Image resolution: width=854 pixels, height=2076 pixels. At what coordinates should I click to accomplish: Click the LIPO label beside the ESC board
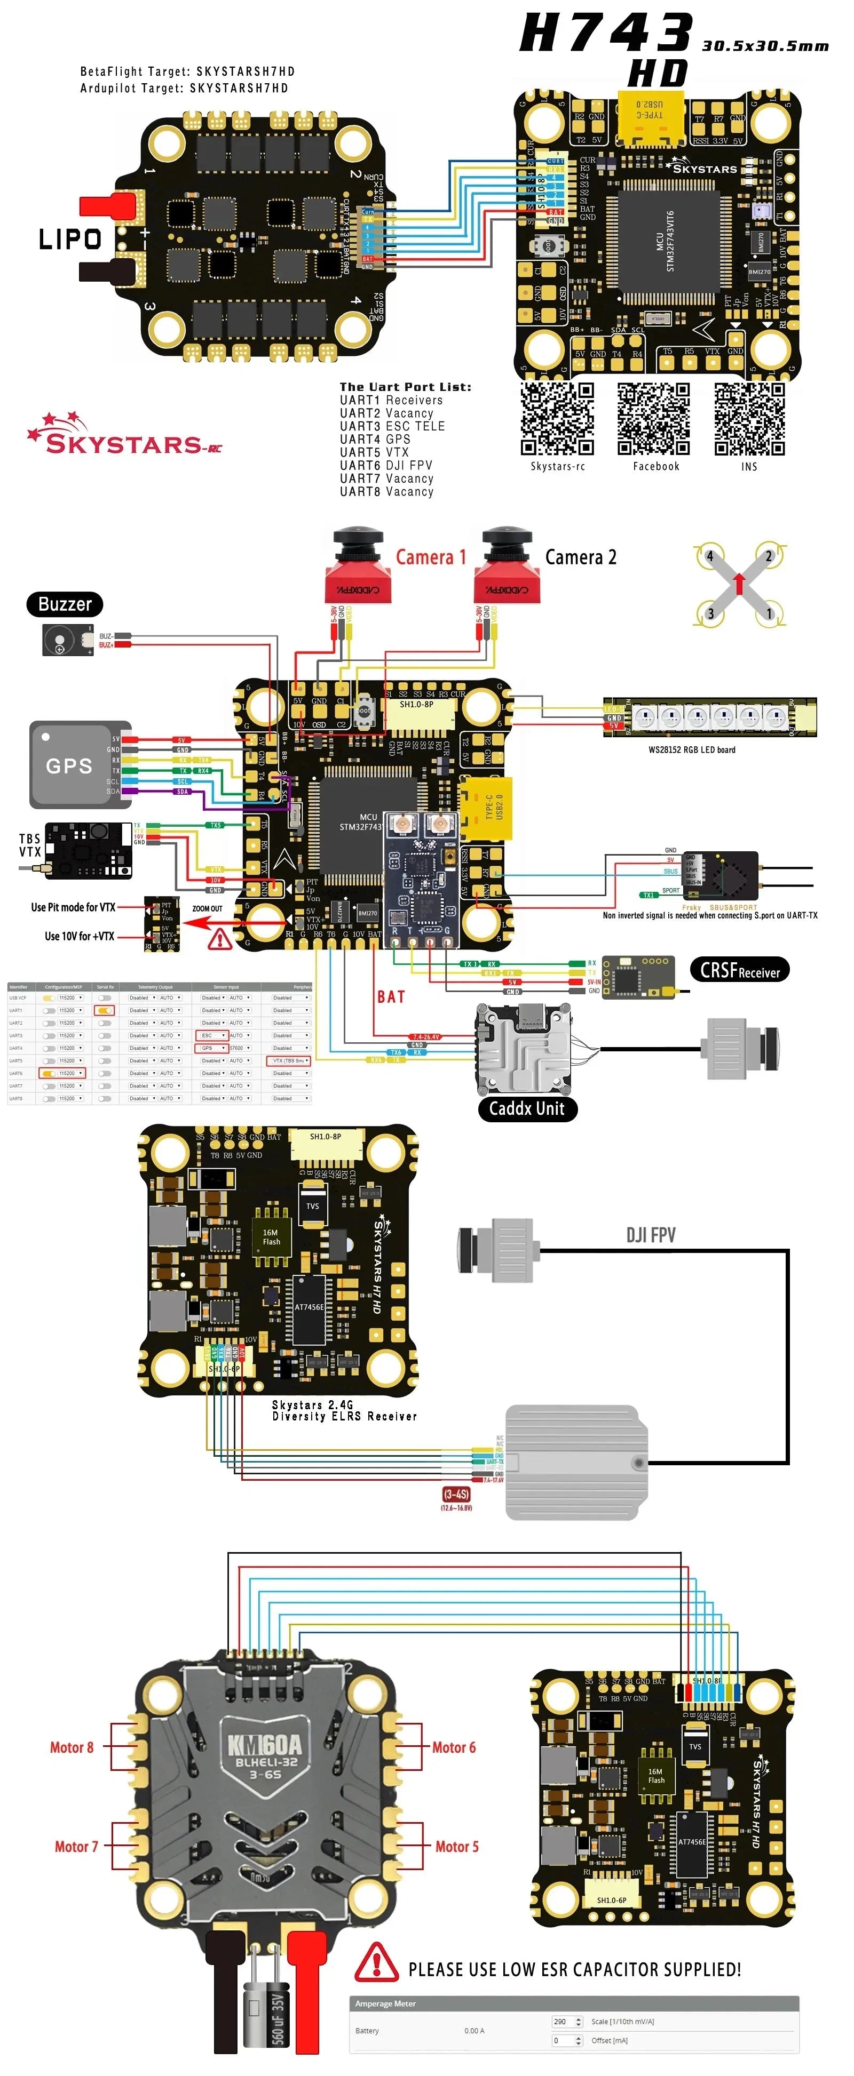click(x=70, y=238)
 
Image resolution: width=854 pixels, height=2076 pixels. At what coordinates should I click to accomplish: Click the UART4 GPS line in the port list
click(x=375, y=439)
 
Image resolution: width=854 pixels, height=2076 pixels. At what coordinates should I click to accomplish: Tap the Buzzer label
click(x=65, y=604)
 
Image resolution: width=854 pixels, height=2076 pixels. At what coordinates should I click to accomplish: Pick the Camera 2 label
click(x=581, y=557)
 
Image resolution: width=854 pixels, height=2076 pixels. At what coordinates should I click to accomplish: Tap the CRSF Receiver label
click(x=739, y=970)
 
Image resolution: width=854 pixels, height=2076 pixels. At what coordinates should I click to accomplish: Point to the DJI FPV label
click(x=651, y=1235)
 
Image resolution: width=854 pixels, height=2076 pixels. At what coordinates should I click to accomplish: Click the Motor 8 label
click(x=72, y=1748)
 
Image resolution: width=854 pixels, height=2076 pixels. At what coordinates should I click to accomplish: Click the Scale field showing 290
click(x=562, y=2021)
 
